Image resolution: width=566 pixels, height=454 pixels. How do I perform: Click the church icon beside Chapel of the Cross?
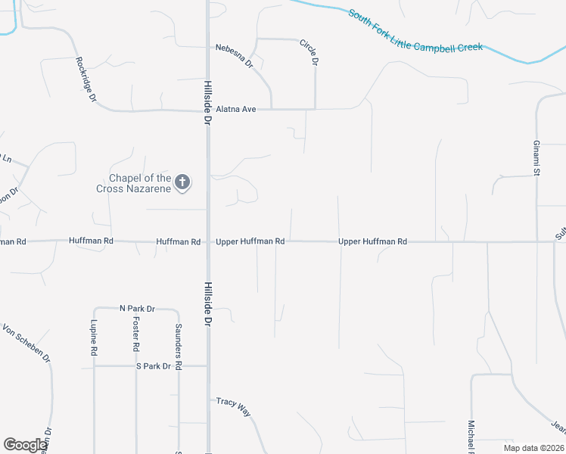(182, 182)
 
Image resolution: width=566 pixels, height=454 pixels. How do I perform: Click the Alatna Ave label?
(236, 110)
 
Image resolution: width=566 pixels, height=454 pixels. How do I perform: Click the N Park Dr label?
(137, 309)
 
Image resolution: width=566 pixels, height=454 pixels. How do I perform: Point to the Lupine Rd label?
(94, 338)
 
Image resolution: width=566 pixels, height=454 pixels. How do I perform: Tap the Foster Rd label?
(136, 337)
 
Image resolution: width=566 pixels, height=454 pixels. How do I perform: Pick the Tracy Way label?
(233, 407)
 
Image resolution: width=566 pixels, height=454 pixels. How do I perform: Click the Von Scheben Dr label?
(26, 343)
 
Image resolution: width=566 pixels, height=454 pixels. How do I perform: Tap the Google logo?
(25, 444)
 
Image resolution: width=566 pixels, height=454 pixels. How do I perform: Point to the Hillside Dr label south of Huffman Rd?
(207, 303)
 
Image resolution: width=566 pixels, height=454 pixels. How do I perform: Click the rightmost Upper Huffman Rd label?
(373, 241)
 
